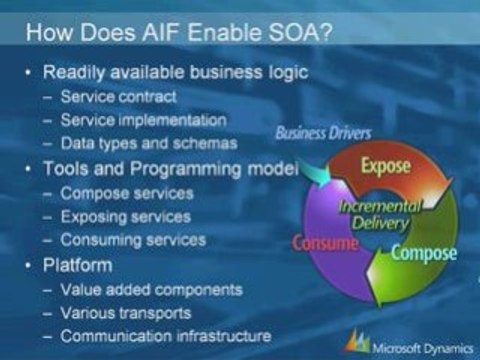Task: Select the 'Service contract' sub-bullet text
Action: [x=118, y=97]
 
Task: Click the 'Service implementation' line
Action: [x=144, y=120]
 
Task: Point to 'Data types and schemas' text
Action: [x=149, y=144]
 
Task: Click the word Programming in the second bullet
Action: [x=185, y=169]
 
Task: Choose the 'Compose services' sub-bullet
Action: [x=127, y=193]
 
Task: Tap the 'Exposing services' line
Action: [x=126, y=217]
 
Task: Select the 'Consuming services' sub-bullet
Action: [x=133, y=240]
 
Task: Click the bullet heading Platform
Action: [x=78, y=265]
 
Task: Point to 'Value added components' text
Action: [x=152, y=290]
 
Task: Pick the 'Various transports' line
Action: [x=126, y=313]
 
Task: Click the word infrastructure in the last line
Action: [x=224, y=336]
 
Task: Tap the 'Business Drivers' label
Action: [x=323, y=133]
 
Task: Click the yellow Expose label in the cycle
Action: [x=385, y=166]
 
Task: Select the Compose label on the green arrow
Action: [x=424, y=254]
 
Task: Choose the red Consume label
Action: [x=325, y=243]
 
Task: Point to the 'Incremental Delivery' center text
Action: [x=380, y=215]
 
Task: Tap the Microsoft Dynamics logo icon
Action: [x=358, y=341]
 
